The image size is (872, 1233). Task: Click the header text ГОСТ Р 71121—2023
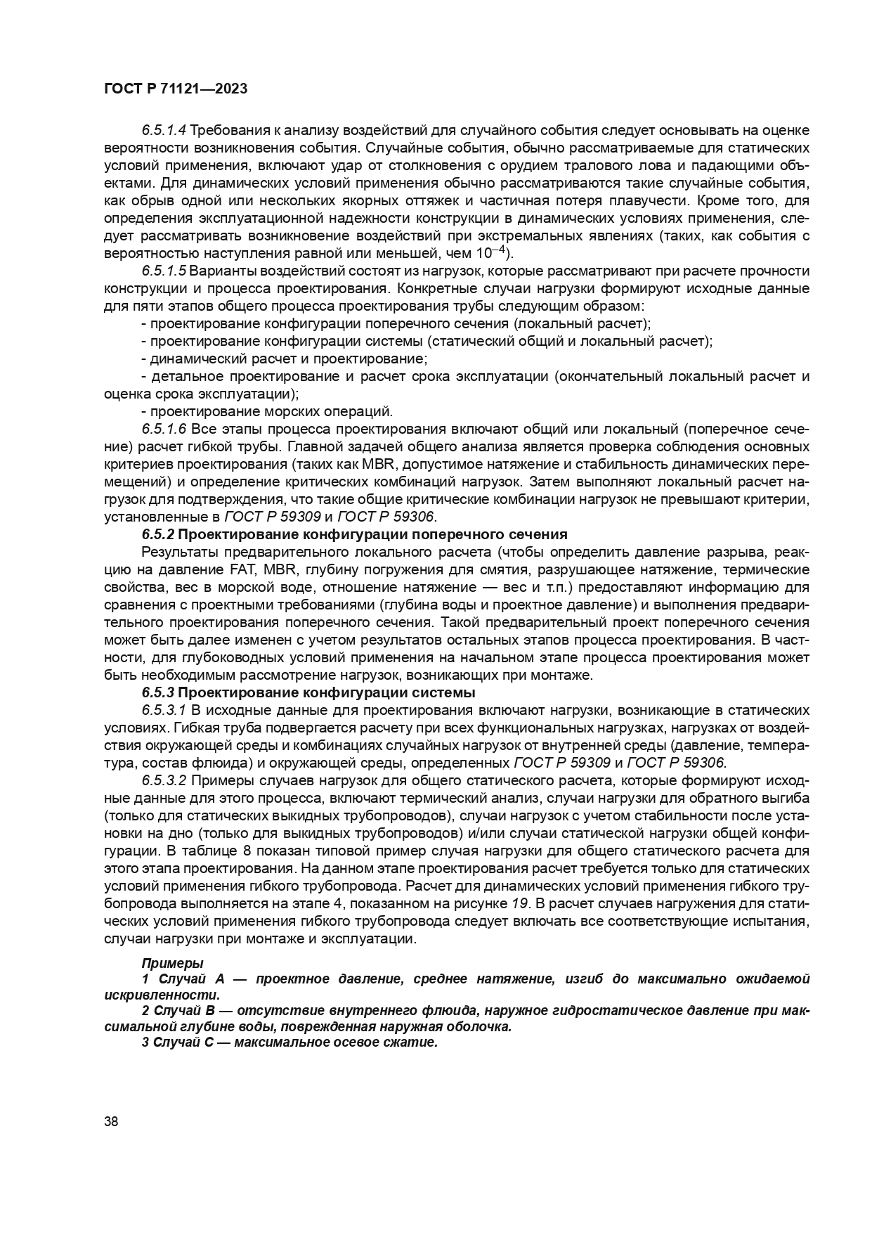175,89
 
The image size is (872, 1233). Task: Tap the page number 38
111,1122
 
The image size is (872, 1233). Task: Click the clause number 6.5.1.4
164,131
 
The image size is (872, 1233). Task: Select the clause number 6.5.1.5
164,271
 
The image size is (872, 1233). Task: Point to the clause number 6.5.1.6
164,430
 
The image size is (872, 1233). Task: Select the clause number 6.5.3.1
164,711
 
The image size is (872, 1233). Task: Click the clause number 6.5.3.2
164,781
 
